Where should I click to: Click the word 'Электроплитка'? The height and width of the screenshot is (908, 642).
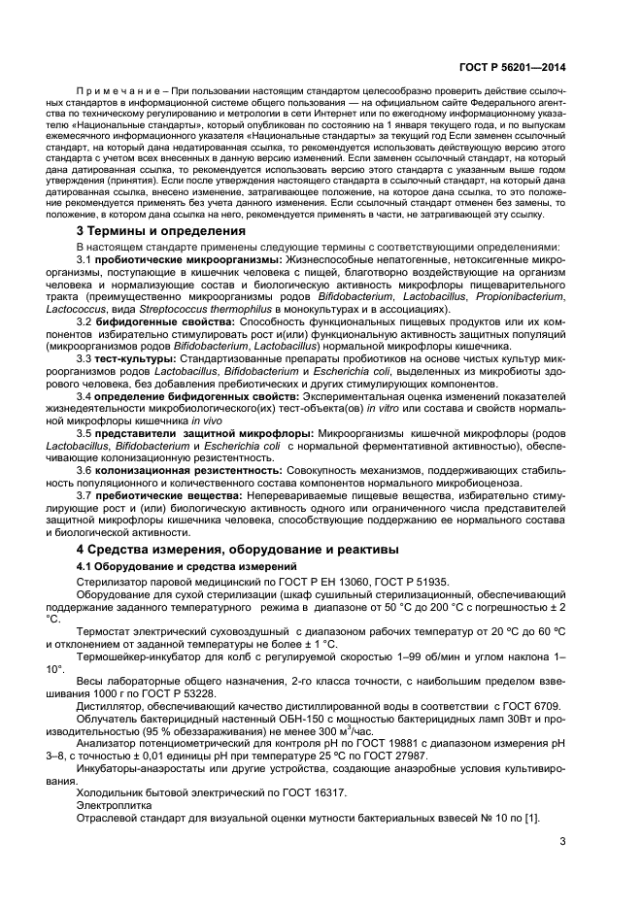click(110, 804)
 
